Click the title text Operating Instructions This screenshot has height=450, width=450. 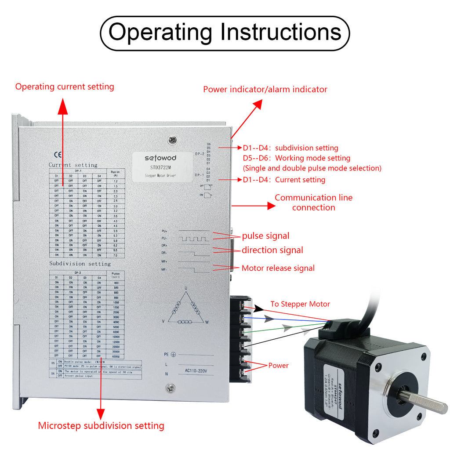point(225,33)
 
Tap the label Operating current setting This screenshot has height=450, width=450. point(65,87)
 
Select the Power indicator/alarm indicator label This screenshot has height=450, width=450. point(265,89)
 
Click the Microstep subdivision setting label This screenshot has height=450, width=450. point(101,425)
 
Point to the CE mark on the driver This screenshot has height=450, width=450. point(57,155)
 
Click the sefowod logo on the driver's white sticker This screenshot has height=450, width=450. point(162,158)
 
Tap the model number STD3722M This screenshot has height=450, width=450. point(160,167)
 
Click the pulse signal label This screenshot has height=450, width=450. point(265,236)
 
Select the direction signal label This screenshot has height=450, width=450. point(272,250)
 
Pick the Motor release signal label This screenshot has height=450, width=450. point(278,268)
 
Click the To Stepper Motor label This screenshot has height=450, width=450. point(300,304)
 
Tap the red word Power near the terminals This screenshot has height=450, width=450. point(278,366)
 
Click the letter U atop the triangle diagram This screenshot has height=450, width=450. point(186,288)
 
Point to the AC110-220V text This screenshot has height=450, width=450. point(194,371)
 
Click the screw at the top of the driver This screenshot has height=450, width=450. point(173,140)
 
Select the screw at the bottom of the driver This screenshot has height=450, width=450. point(170,388)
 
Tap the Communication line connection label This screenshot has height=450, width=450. point(313,203)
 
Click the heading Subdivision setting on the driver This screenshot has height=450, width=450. point(80,264)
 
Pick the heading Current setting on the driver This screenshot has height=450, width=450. point(73,165)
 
